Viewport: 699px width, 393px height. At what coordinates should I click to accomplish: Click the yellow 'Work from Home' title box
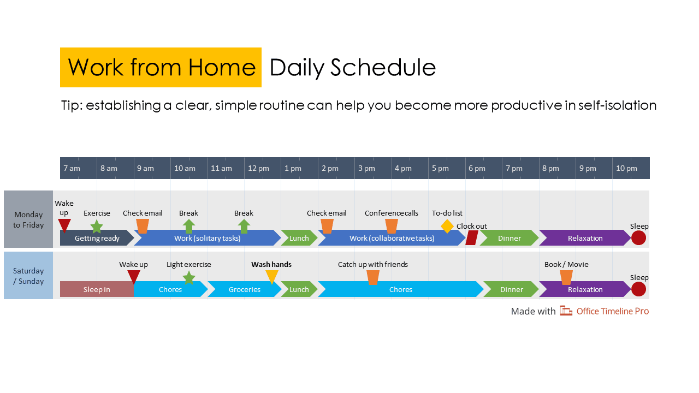click(161, 67)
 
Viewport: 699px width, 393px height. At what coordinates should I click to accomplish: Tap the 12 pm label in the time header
click(258, 168)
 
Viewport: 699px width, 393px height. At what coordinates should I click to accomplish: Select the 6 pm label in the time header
click(476, 168)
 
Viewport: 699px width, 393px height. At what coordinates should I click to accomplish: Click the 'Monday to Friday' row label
click(28, 219)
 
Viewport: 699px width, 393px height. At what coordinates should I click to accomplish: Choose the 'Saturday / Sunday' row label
click(28, 276)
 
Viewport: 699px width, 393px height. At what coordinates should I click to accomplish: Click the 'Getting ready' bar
click(96, 238)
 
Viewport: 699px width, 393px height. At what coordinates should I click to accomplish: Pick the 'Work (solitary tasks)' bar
click(207, 238)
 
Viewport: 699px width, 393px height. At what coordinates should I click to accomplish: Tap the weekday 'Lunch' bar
click(299, 238)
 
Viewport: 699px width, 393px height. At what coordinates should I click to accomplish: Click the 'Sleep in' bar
click(97, 289)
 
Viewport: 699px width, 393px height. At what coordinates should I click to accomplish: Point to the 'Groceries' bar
click(244, 289)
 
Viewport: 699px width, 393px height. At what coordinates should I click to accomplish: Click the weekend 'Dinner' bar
click(511, 289)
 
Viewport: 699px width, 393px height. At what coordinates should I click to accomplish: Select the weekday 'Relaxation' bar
click(584, 238)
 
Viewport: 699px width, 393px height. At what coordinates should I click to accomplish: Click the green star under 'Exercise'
click(97, 227)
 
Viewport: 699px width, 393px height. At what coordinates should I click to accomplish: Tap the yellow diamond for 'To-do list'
click(447, 226)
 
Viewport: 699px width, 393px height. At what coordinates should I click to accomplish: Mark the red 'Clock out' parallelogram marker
click(472, 238)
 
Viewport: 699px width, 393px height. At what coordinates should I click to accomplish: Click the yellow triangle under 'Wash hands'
click(271, 277)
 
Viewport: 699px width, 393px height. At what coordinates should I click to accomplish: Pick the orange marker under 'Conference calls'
click(391, 225)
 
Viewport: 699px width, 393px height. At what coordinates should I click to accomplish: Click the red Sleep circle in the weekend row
click(638, 289)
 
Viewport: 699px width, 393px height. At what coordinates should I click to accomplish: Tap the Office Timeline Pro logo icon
click(566, 311)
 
